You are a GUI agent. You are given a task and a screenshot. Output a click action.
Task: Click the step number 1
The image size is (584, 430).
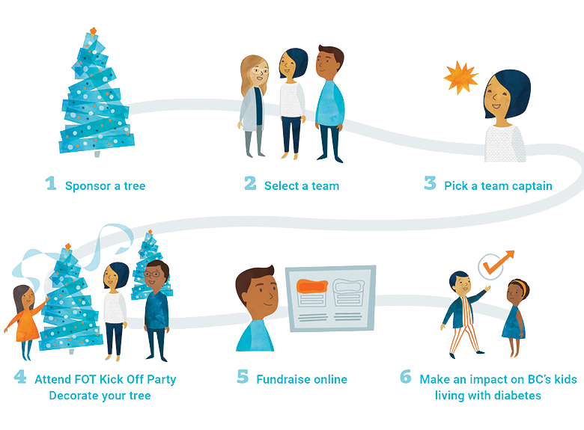tap(51, 183)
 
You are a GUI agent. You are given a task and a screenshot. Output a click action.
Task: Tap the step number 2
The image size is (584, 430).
tap(250, 183)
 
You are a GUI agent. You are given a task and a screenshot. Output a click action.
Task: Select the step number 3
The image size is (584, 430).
tap(430, 183)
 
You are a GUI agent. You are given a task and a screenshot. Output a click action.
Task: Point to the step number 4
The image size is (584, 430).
tap(19, 377)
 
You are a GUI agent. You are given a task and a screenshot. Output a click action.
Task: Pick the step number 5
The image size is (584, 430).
tap(242, 377)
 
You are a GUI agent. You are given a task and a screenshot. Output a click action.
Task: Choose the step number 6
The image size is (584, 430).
tap(405, 377)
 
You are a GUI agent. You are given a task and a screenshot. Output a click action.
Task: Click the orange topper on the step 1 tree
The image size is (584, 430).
tap(92, 31)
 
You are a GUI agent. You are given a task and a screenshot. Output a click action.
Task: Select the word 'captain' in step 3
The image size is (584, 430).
tap(529, 185)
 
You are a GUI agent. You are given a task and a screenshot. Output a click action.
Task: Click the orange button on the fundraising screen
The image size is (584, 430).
tap(314, 285)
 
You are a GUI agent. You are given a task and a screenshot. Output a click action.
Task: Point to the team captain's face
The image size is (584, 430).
tap(501, 98)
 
